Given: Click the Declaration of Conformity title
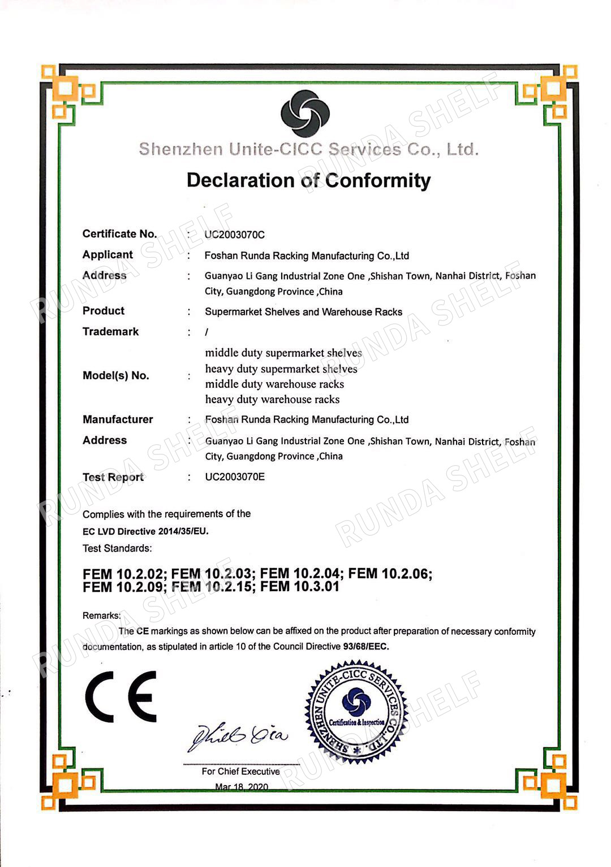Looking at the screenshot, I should pyautogui.click(x=308, y=181).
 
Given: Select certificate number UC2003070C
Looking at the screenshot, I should pyautogui.click(x=235, y=235).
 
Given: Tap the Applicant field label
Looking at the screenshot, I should pyautogui.click(x=107, y=255).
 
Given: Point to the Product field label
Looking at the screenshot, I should pyautogui.click(x=104, y=311).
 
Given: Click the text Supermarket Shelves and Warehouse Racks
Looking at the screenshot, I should pyautogui.click(x=303, y=312).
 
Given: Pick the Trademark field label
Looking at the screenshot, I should pyautogui.click(x=110, y=332).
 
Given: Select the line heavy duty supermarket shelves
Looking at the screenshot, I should pyautogui.click(x=281, y=369).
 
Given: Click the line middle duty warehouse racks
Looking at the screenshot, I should pyautogui.click(x=274, y=384).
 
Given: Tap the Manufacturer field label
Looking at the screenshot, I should pyautogui.click(x=118, y=419).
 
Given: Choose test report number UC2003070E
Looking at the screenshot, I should pyautogui.click(x=235, y=477).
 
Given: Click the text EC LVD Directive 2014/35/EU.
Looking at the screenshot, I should pyautogui.click(x=145, y=531).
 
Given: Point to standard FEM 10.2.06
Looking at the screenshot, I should pyautogui.click(x=390, y=574).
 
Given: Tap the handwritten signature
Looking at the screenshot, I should pyautogui.click(x=238, y=735).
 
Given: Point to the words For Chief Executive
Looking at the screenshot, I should pyautogui.click(x=240, y=771).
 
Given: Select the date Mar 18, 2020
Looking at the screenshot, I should pyautogui.click(x=242, y=787).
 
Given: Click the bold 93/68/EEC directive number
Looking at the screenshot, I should pyautogui.click(x=365, y=647).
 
